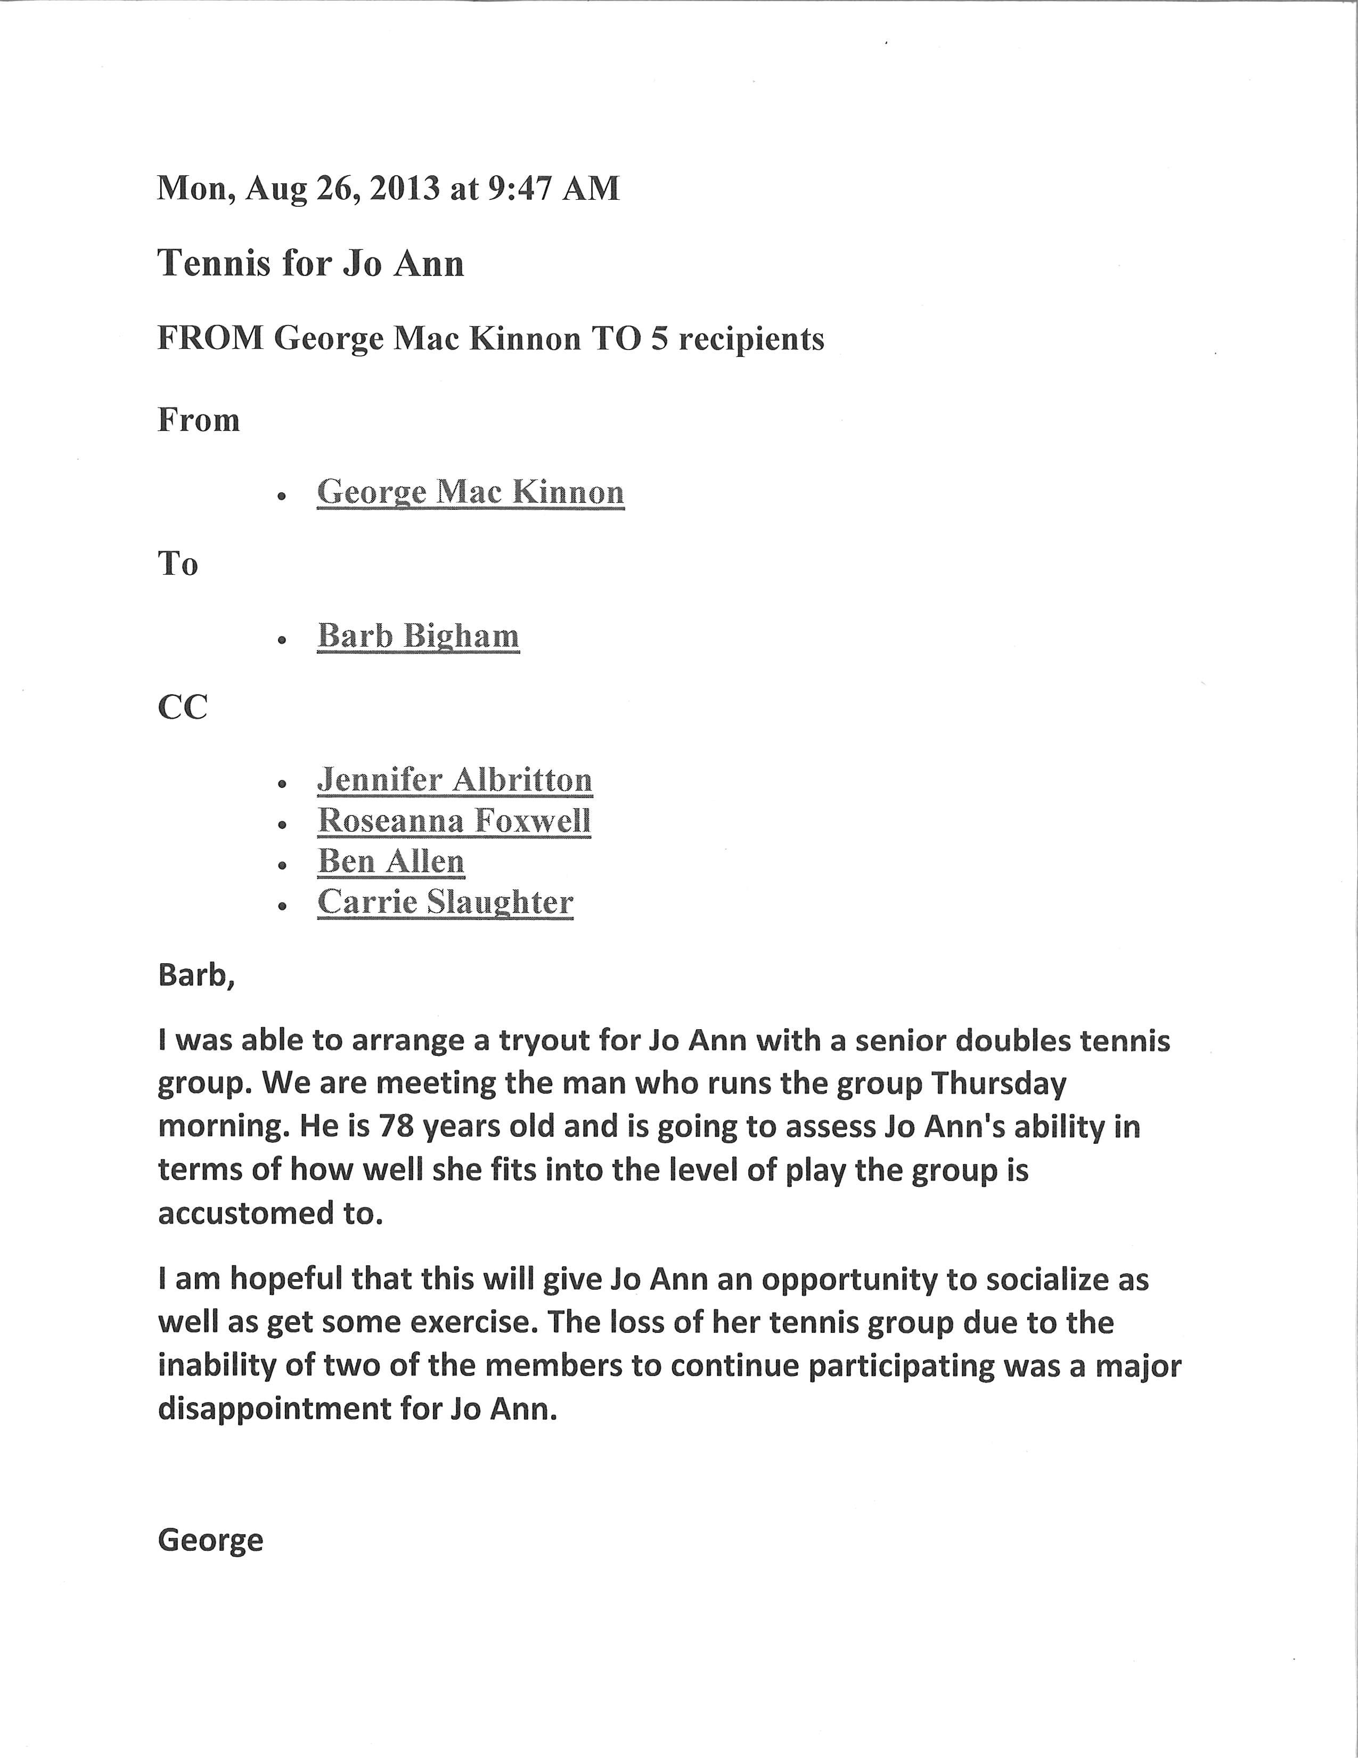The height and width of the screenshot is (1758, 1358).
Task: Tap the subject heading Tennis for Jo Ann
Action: (310, 263)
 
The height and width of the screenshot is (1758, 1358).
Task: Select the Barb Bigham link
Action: (419, 636)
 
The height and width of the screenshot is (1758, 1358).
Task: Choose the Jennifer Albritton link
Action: (455, 779)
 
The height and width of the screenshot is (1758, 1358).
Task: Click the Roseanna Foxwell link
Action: (455, 820)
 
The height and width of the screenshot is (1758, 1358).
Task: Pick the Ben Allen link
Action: (391, 861)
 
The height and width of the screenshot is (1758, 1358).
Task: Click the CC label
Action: (183, 707)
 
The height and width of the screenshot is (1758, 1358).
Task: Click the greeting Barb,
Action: (197, 975)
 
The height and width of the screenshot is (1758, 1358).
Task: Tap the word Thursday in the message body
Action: (999, 1084)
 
